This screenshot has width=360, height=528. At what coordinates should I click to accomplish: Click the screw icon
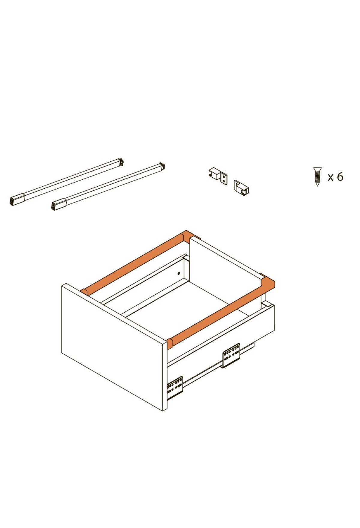(x=317, y=176)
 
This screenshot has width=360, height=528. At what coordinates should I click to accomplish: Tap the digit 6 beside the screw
(x=340, y=177)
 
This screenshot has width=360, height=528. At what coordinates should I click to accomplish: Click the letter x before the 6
(x=331, y=178)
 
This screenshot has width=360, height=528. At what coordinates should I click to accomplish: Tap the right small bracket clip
(x=242, y=187)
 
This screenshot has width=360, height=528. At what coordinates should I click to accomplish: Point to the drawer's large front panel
(x=114, y=347)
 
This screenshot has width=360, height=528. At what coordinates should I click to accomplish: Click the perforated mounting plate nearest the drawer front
(x=175, y=388)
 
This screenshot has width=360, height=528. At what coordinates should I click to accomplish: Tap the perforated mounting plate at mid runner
(x=231, y=355)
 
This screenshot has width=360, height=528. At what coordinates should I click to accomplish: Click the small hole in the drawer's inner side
(x=179, y=273)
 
